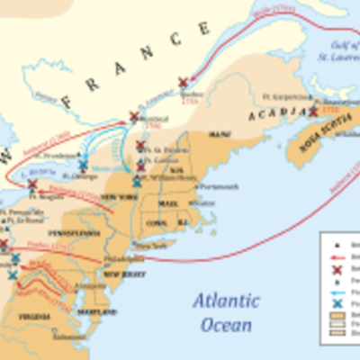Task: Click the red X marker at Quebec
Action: click(x=184, y=82)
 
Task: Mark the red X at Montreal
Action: click(x=134, y=116)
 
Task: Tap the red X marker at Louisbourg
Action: click(x=312, y=112)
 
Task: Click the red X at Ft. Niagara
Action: click(x=32, y=184)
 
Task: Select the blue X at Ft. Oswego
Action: click(x=83, y=166)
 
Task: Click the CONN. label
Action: click(x=154, y=222)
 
